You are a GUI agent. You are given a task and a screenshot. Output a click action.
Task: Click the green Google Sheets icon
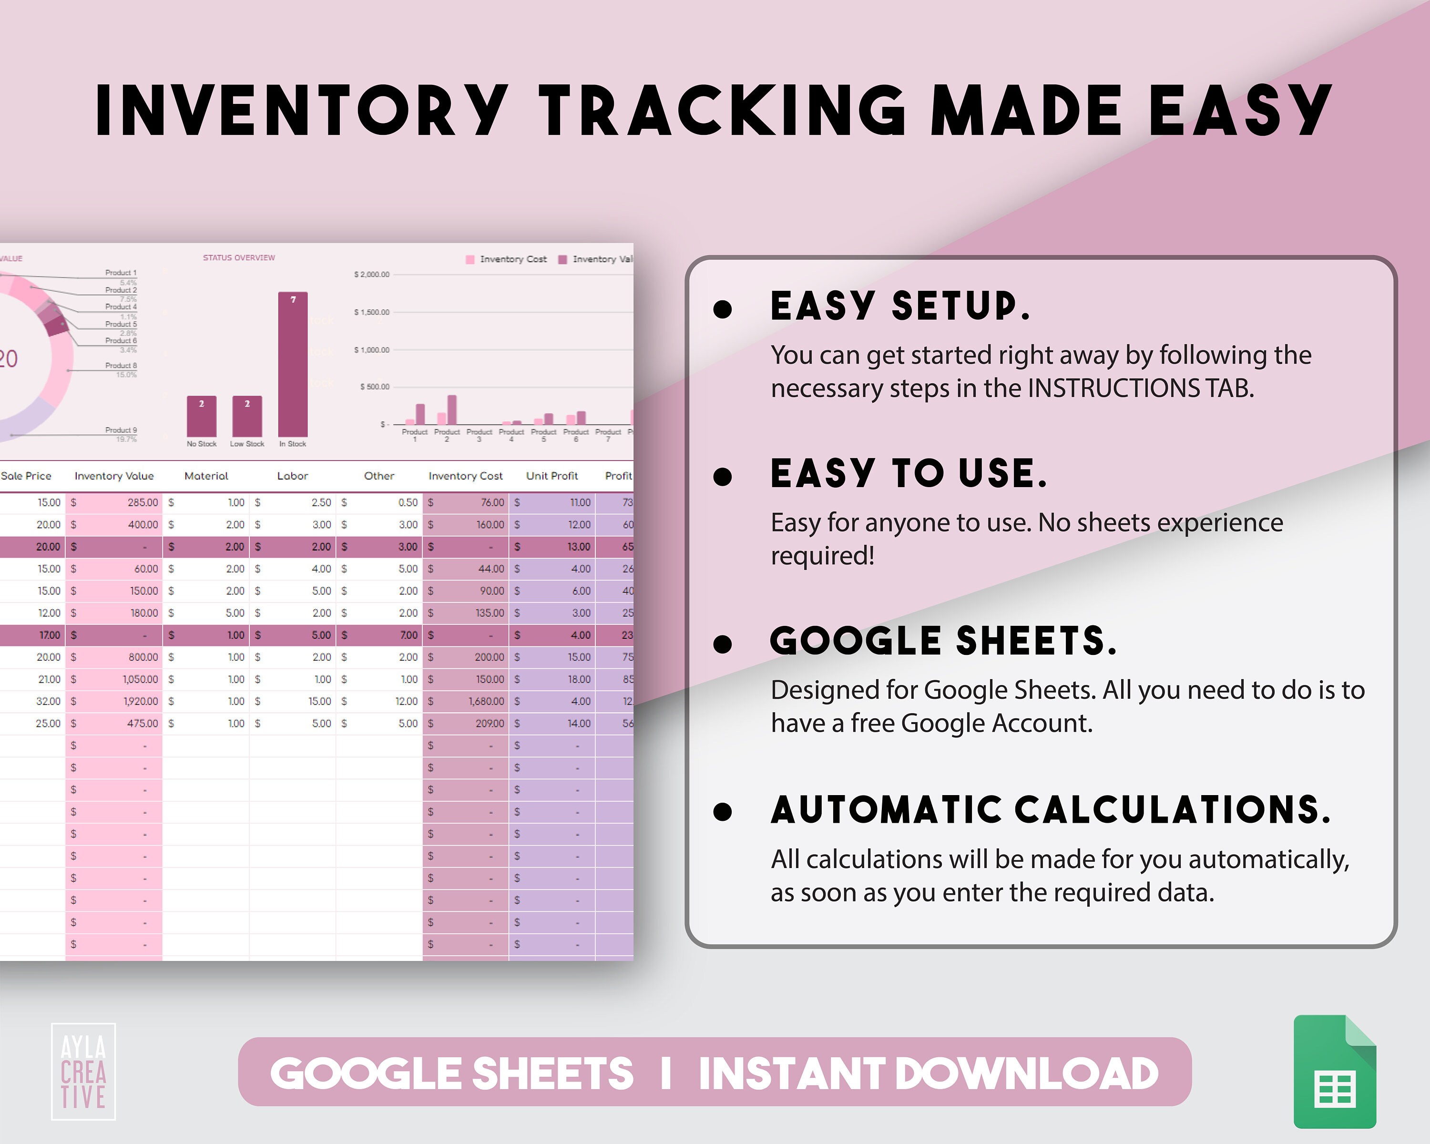tap(1335, 1071)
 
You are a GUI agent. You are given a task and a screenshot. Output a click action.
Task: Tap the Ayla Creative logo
tap(83, 1072)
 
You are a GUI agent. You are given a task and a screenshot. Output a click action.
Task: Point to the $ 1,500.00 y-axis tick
tap(371, 312)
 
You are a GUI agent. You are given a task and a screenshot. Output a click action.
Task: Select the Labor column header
tap(293, 476)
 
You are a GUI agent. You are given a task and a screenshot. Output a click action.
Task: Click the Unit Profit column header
tap(552, 476)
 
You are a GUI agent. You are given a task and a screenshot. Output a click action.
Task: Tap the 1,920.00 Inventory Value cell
tap(140, 701)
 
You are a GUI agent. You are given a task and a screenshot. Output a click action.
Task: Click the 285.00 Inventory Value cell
tap(143, 503)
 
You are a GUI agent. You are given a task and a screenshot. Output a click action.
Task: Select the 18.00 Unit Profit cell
tap(578, 679)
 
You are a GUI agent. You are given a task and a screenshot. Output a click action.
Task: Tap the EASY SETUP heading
tap(900, 306)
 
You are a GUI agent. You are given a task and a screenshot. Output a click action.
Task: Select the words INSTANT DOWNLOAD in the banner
tap(928, 1073)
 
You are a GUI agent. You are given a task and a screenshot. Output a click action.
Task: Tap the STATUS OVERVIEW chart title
tap(239, 257)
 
